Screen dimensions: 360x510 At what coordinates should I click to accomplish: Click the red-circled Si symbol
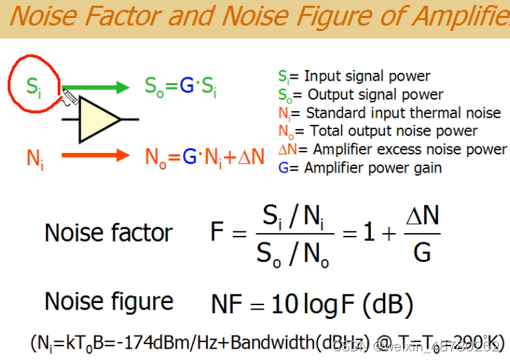coord(33,87)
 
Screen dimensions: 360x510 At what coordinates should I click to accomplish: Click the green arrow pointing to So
coord(101,87)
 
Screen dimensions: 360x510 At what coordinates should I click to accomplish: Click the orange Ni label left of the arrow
coord(35,158)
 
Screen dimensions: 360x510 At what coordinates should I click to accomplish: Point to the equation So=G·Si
coord(180,87)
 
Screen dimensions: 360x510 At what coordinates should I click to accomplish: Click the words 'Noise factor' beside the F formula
coord(108,233)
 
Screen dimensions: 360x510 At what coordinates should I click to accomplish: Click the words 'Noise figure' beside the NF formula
coord(109,301)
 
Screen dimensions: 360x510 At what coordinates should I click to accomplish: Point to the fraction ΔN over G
coord(422,233)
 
